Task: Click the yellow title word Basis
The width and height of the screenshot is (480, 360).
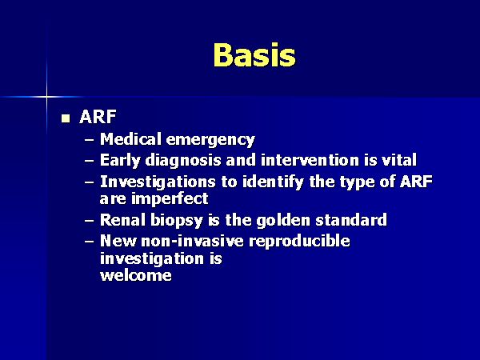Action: pyautogui.click(x=254, y=54)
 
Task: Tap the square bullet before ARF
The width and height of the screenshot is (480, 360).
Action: pyautogui.click(x=66, y=118)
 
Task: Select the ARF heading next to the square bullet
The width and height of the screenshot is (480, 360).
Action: pyautogui.click(x=98, y=117)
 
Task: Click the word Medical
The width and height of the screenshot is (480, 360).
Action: pyautogui.click(x=130, y=139)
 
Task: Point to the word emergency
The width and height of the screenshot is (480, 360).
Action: pyautogui.click(x=210, y=141)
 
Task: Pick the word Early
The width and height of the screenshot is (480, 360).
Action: pyautogui.click(x=120, y=161)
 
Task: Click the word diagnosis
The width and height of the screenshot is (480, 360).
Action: pyautogui.click(x=183, y=161)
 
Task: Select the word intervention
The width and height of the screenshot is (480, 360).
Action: pyautogui.click(x=310, y=160)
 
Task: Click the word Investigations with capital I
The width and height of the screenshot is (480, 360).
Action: pyautogui.click(x=158, y=182)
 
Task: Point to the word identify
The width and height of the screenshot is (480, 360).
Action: pyautogui.click(x=274, y=182)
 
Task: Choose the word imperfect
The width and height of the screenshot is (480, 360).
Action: pyautogui.click(x=170, y=199)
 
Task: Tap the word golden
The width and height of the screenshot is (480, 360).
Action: pyautogui.click(x=283, y=221)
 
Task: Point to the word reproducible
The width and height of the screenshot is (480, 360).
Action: pyautogui.click(x=299, y=242)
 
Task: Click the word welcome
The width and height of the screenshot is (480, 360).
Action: pyautogui.click(x=136, y=275)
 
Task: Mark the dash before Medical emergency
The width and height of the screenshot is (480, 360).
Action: pyautogui.click(x=89, y=141)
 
